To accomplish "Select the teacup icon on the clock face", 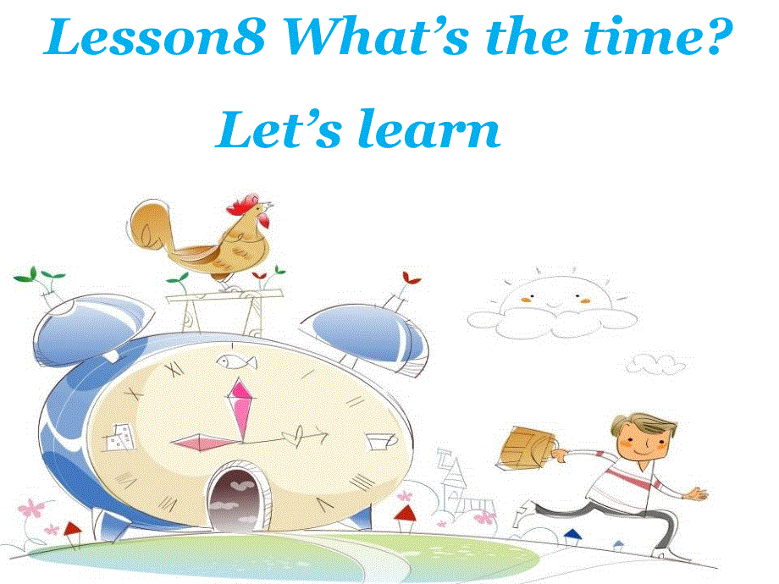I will [x=380, y=440].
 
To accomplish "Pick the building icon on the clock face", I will [x=117, y=437].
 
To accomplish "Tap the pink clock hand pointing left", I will [x=202, y=441].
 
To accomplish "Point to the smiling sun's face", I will [x=552, y=296].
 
